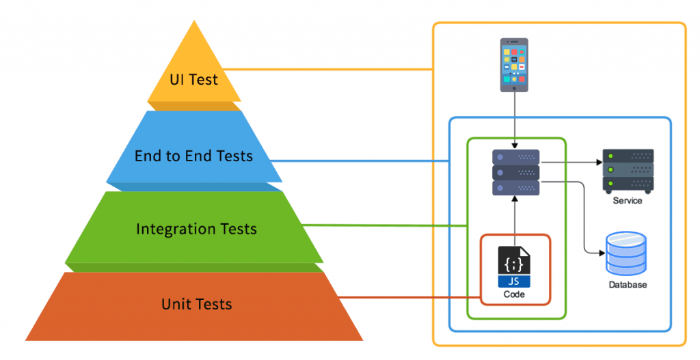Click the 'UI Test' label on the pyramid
coord(193,79)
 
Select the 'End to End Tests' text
coord(193,156)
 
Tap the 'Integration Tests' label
coord(196,228)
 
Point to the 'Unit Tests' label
coord(196,303)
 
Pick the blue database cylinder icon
coord(626,253)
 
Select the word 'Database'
coord(628,284)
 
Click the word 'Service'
coord(628,201)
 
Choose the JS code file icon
coord(514,266)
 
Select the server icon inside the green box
coord(516,173)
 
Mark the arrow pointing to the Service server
coord(571,163)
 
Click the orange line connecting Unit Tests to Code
coord(410,298)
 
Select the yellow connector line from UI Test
coord(328,70)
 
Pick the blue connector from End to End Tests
coord(355,162)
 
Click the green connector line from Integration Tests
coord(383,225)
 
